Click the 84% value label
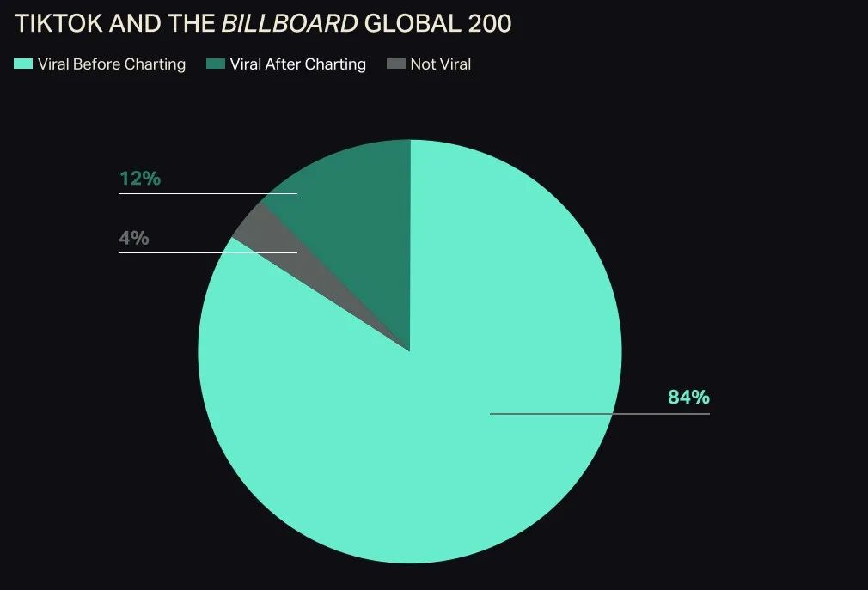[x=688, y=397]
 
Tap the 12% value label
[x=140, y=179]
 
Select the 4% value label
[x=134, y=238]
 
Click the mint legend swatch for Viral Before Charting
[x=23, y=64]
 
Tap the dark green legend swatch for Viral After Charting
[x=215, y=64]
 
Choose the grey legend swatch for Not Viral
[x=395, y=64]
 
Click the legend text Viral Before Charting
[x=112, y=64]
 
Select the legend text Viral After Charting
[x=298, y=64]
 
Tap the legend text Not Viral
[x=441, y=64]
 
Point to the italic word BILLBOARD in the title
[x=290, y=24]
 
